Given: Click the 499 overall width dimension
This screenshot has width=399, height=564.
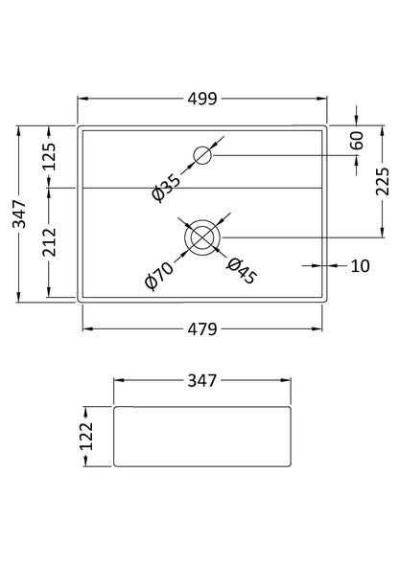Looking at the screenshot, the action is [x=202, y=99].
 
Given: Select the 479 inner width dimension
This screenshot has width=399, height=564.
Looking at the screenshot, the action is [x=202, y=328].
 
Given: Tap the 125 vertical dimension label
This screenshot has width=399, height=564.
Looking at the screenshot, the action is [x=49, y=156].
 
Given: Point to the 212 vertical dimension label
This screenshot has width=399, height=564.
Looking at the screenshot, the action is [x=49, y=242].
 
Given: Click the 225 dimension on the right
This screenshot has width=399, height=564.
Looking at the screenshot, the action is [x=383, y=181].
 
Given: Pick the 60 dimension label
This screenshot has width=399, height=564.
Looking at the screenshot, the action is [x=357, y=141].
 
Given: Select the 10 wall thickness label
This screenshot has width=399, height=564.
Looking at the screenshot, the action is [x=360, y=266].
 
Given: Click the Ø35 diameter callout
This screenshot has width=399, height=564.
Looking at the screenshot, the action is [x=165, y=188].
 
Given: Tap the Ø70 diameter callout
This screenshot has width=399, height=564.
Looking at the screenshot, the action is [x=159, y=276].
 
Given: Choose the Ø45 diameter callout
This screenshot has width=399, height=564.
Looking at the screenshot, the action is [x=242, y=271].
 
